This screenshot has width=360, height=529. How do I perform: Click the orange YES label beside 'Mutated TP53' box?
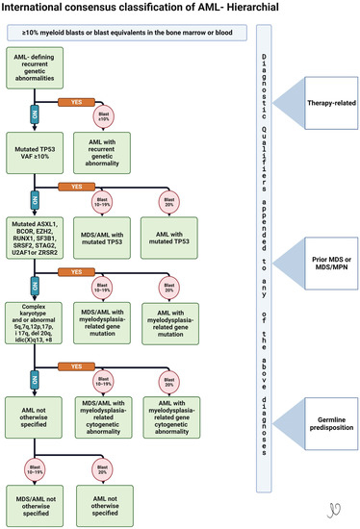[75, 186]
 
